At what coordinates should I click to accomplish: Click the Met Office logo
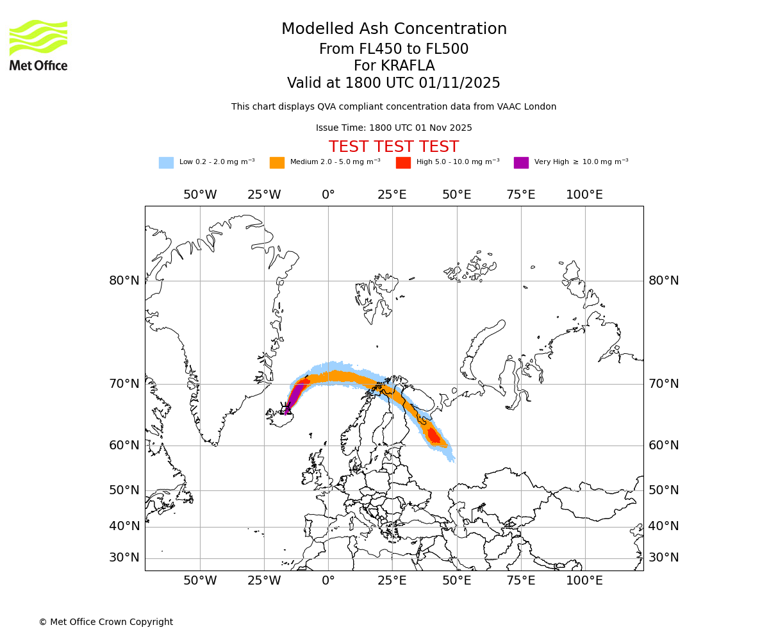(x=38, y=45)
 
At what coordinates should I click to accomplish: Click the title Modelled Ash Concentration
(x=393, y=29)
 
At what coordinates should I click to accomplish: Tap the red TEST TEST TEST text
(x=393, y=147)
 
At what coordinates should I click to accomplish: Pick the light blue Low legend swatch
(x=166, y=163)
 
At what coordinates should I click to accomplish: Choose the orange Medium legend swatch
(x=277, y=163)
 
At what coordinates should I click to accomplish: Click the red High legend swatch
(x=403, y=163)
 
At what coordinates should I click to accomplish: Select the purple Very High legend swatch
(x=521, y=163)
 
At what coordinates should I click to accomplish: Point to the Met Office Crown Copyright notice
(x=106, y=622)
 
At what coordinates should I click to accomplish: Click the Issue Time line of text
(x=393, y=128)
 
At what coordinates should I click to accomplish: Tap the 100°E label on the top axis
(x=584, y=195)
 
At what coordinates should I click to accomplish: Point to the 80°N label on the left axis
(x=124, y=281)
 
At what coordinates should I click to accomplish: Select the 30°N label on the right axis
(x=663, y=558)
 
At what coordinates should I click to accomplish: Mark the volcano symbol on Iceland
(x=287, y=410)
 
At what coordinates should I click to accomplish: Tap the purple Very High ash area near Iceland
(x=295, y=395)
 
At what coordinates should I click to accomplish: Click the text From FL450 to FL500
(x=393, y=49)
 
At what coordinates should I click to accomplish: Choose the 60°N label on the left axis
(x=124, y=445)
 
